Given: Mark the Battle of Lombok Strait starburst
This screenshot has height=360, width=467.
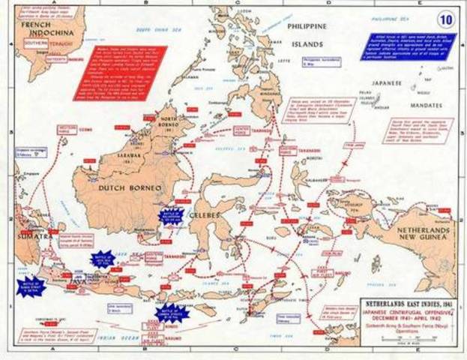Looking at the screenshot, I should (x=172, y=313).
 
